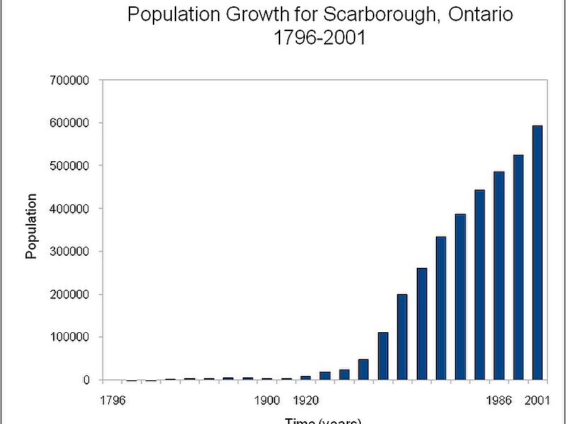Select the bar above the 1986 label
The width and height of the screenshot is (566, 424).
[499, 276]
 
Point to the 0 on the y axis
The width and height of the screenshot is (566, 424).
[86, 380]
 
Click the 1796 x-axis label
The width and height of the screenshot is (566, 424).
[112, 401]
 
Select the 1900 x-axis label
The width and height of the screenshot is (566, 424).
[267, 401]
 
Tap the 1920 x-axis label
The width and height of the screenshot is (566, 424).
[305, 401]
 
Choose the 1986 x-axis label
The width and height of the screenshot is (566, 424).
[499, 401]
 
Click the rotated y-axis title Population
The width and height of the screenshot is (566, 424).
[32, 226]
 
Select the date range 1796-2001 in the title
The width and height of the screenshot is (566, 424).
[320, 37]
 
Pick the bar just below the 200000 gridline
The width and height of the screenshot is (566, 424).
[402, 337]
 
